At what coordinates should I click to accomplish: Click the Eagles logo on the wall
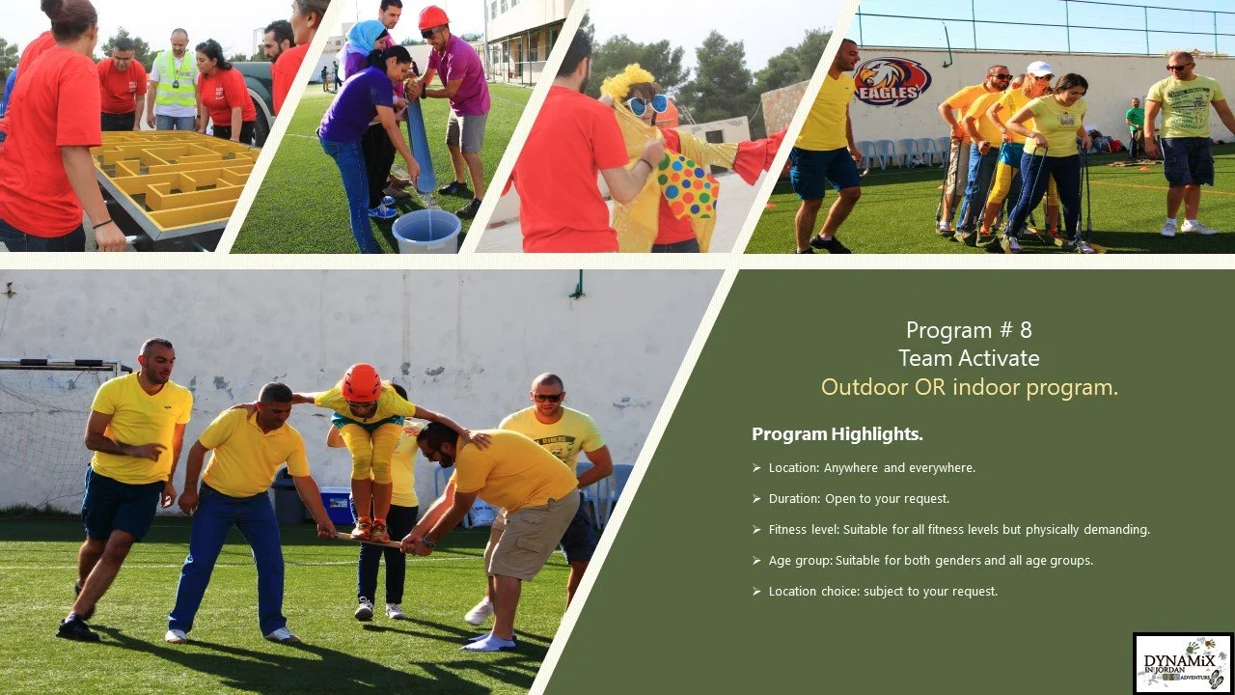pos(892,81)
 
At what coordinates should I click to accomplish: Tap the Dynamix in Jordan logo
pos(1183,663)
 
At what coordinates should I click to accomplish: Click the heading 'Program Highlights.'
pos(837,434)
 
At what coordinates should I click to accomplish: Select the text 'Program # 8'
pos(969,330)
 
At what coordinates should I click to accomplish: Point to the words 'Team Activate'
pos(969,358)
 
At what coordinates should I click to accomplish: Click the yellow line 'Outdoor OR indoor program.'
pos(969,387)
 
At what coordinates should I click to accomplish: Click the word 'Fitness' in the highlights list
pos(788,530)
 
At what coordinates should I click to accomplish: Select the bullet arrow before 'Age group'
pos(756,561)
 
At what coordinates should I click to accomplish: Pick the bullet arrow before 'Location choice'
pos(756,592)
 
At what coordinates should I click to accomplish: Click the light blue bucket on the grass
pos(426,231)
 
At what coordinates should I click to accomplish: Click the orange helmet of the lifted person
pos(362,382)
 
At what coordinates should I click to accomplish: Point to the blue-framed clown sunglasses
pos(646,105)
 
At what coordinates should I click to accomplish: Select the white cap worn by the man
pos(1040,69)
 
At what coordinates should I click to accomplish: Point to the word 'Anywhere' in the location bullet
pos(851,468)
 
